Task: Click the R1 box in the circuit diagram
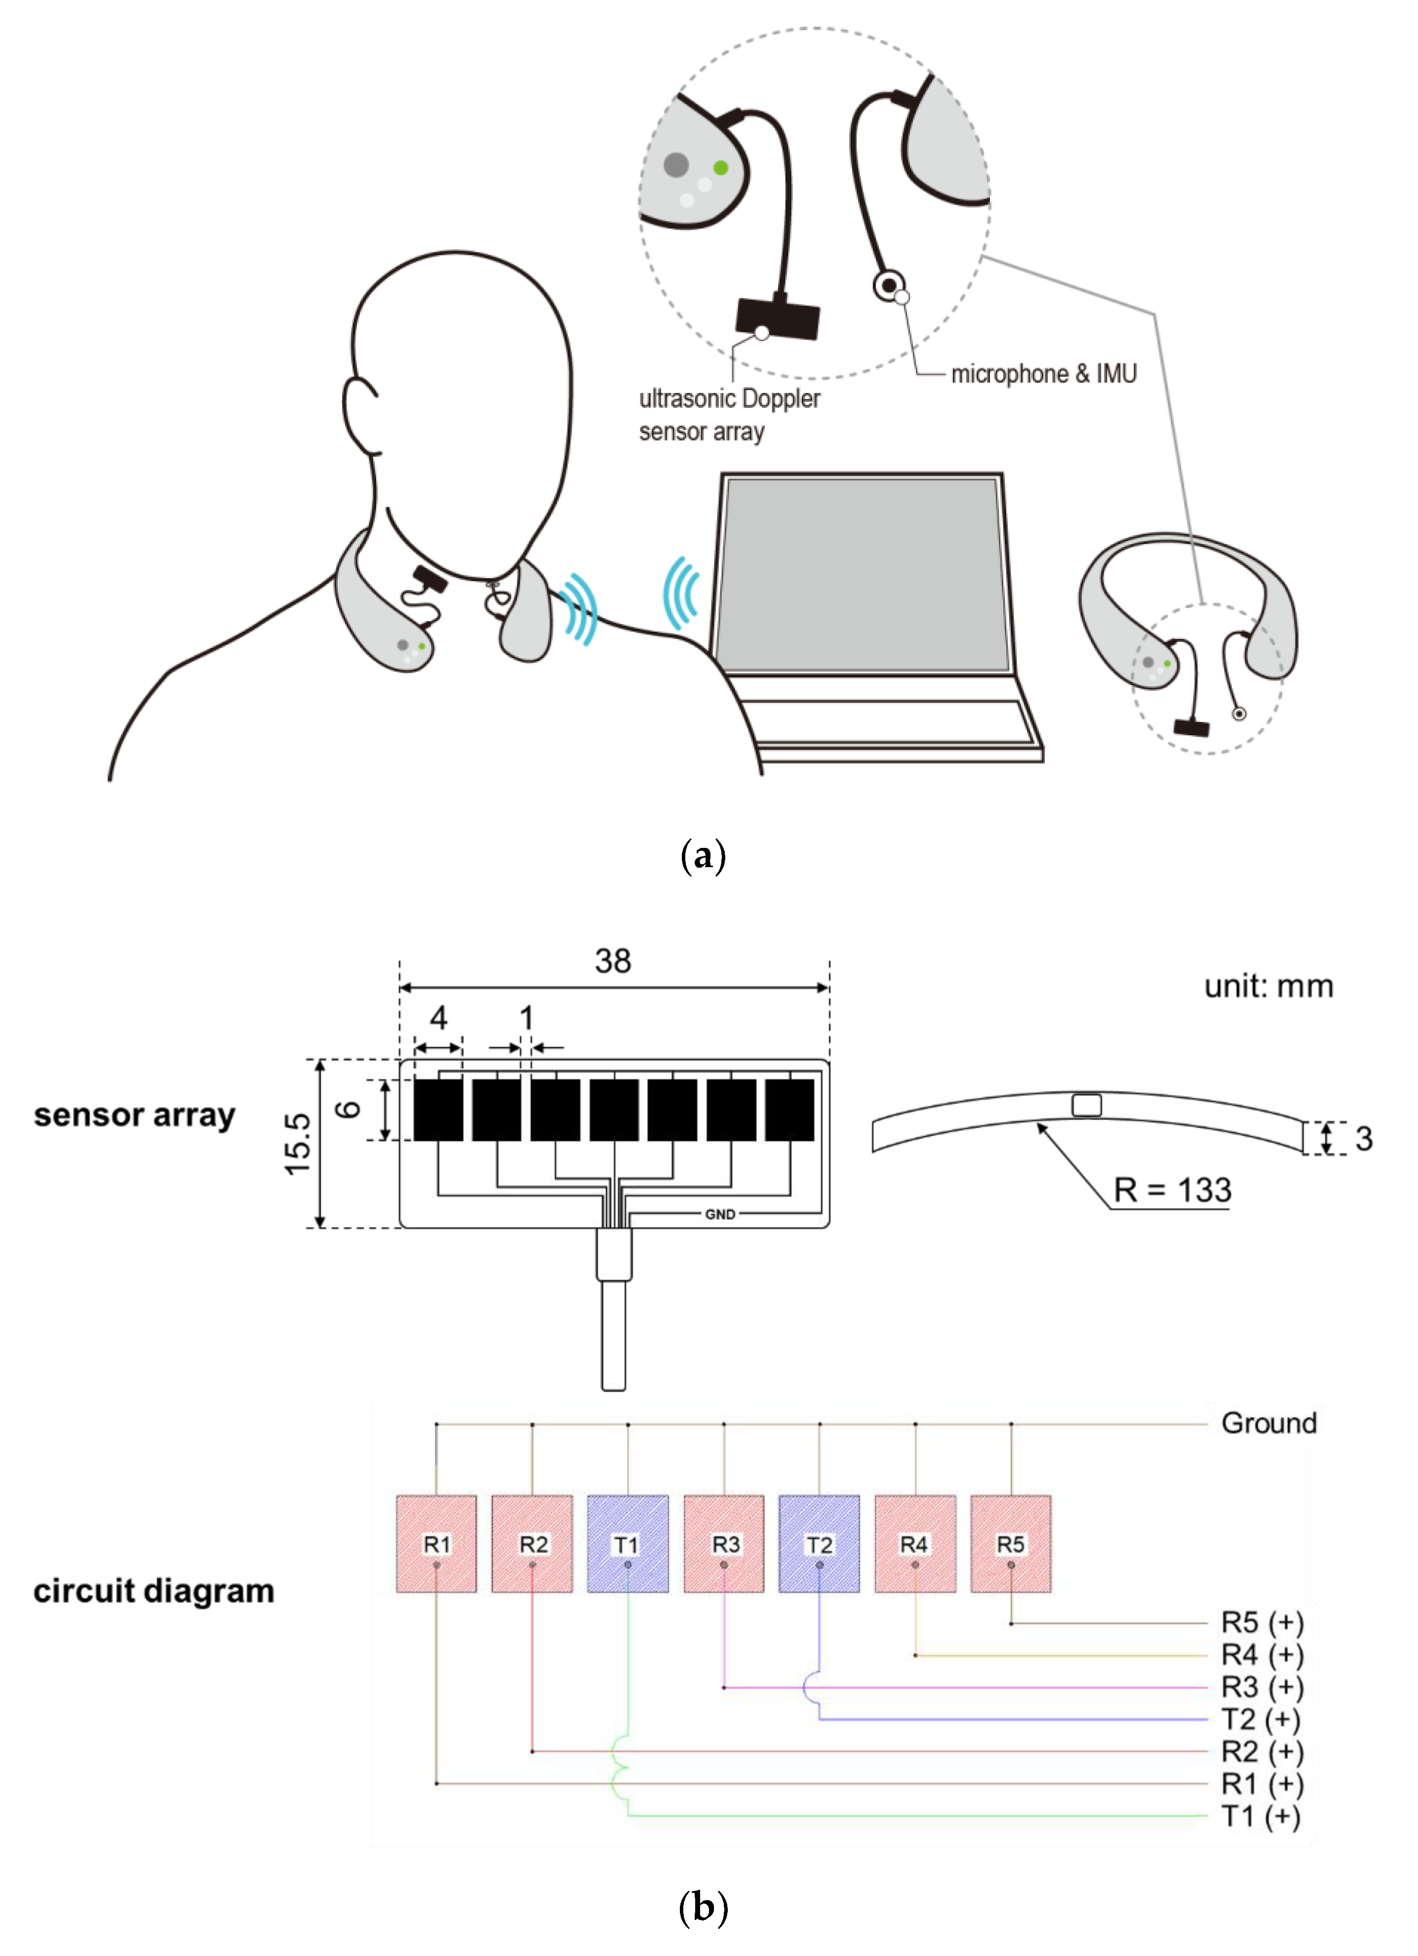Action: click(x=436, y=1544)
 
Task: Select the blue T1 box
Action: click(x=627, y=1544)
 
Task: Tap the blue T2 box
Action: click(x=819, y=1544)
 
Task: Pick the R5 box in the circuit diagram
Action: click(x=1010, y=1544)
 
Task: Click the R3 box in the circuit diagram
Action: click(x=724, y=1544)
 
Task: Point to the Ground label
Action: click(x=1268, y=1423)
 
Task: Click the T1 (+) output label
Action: click(x=1260, y=1816)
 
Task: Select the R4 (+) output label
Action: click(x=1261, y=1655)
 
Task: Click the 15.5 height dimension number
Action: click(x=298, y=1144)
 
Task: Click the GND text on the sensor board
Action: click(x=719, y=1214)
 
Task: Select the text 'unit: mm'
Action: click(x=1268, y=986)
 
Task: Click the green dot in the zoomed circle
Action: click(x=720, y=167)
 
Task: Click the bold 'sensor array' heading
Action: click(x=134, y=1115)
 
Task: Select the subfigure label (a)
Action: click(x=703, y=856)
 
